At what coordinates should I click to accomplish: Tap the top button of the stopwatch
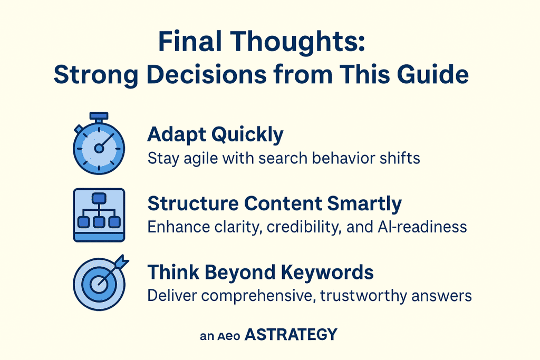(x=99, y=115)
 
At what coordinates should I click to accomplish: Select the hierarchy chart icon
(x=99, y=215)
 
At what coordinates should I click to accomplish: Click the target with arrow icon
(x=99, y=282)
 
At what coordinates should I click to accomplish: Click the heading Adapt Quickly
(x=215, y=135)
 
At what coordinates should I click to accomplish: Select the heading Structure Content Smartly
(x=274, y=204)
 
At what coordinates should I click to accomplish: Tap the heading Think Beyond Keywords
(x=261, y=273)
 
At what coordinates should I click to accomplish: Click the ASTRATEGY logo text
(x=291, y=335)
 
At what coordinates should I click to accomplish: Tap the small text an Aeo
(x=220, y=336)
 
